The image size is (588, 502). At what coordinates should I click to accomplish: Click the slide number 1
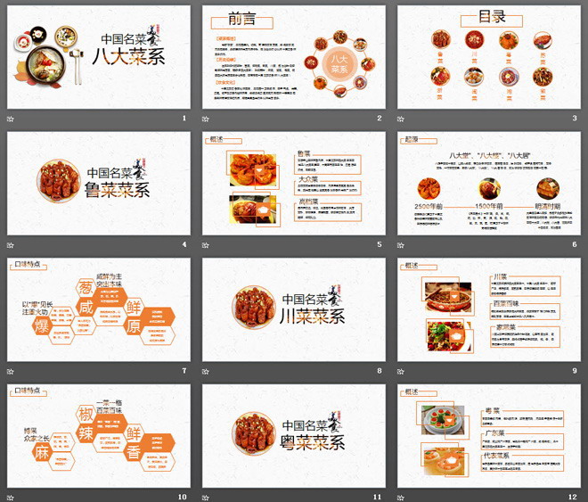(184, 118)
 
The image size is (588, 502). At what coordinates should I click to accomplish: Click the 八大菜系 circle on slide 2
(338, 62)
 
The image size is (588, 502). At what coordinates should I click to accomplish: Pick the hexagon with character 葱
(86, 286)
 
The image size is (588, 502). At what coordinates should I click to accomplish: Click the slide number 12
(573, 497)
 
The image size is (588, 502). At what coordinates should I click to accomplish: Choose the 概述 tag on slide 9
(412, 265)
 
